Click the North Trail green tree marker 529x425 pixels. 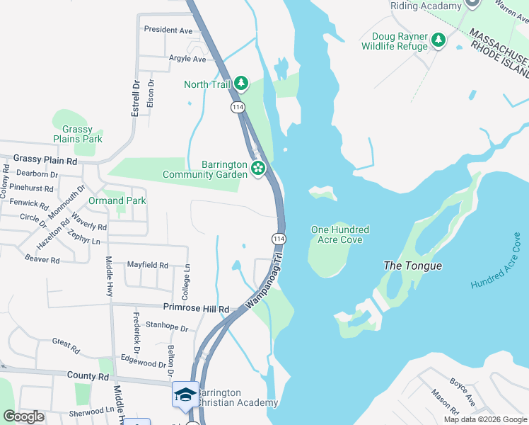click(x=242, y=84)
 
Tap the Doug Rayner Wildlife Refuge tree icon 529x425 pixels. click(x=439, y=40)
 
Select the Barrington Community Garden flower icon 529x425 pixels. click(x=258, y=169)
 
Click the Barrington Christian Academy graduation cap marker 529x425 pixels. click(x=185, y=395)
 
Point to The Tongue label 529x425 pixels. click(x=412, y=266)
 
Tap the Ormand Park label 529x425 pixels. click(x=117, y=200)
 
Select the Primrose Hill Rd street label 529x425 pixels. click(x=197, y=309)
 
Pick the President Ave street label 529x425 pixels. click(x=168, y=30)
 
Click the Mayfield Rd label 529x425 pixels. click(x=148, y=265)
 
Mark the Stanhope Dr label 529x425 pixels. click(x=166, y=329)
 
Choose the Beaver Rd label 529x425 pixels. click(x=42, y=260)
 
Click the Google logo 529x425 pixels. click(x=23, y=416)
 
